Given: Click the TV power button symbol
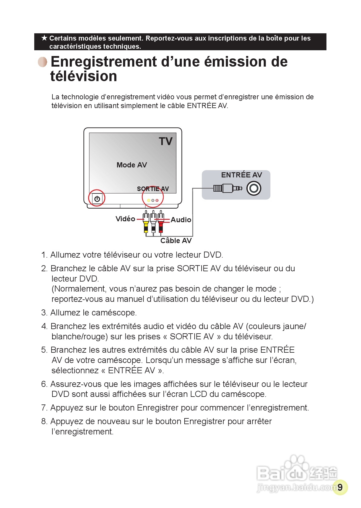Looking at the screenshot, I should tap(97, 199).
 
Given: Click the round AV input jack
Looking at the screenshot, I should tap(254, 188).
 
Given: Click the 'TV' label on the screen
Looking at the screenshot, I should tap(165, 141).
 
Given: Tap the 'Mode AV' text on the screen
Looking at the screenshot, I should tap(132, 165).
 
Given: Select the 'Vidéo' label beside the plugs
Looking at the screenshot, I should tap(125, 219).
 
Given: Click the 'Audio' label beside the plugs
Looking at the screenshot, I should tap(181, 220).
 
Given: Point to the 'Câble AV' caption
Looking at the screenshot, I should tap(176, 241).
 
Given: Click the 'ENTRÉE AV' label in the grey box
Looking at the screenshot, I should tap(241, 175).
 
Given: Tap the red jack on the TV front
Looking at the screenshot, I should tap(157, 200).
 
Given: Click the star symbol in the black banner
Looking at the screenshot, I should tap(44, 38).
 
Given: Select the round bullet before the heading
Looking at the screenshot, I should tap(43, 62).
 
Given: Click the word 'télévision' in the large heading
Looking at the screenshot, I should tap(84, 76).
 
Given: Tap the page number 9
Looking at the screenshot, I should tap(340, 487).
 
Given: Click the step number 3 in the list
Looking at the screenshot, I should tap(44, 313).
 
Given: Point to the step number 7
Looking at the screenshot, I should tap(44, 408).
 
